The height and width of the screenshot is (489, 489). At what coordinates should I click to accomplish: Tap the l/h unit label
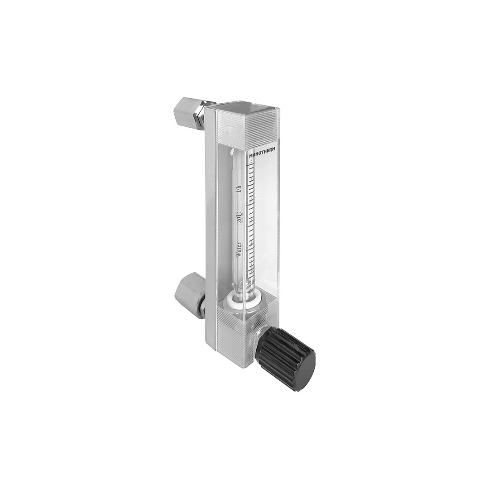[x=239, y=189]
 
